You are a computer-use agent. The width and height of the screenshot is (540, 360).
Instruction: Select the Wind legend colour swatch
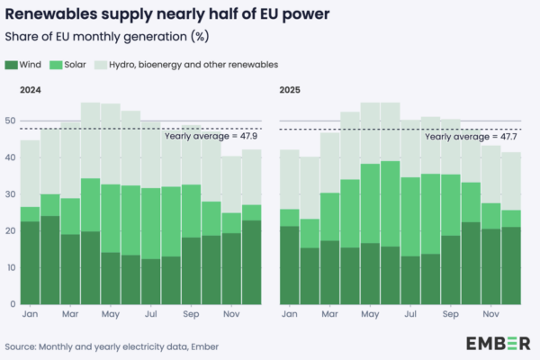pos(11,65)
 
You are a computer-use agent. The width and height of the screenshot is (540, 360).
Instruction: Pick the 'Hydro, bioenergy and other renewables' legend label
pos(193,65)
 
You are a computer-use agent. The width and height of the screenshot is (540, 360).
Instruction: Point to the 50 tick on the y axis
pos(10,121)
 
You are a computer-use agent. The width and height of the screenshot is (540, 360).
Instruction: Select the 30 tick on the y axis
pos(10,194)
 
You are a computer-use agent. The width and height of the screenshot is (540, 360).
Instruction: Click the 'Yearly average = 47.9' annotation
pos(208,137)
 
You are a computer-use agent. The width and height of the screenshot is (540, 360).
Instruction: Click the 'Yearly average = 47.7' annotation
pos(469,137)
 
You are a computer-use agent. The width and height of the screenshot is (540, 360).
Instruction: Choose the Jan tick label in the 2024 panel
pos(30,316)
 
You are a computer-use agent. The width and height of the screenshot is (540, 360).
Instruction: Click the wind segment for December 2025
pos(511,265)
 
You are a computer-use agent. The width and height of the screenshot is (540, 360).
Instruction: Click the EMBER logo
pos(498,343)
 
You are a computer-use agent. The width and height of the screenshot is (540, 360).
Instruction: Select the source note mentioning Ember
pos(111,346)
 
